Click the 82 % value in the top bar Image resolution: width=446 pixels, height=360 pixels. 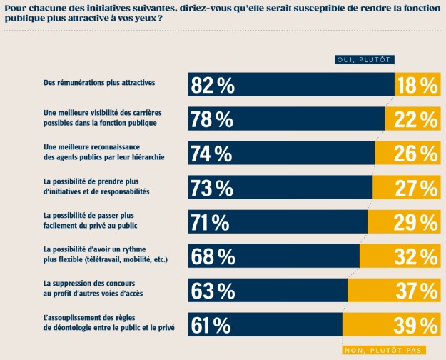click(x=213, y=86)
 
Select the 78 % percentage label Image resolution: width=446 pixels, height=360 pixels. click(x=213, y=119)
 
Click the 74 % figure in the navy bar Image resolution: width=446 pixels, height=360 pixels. click(x=212, y=154)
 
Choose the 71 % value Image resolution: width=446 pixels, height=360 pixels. click(x=212, y=222)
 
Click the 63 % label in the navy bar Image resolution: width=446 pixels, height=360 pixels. click(x=213, y=291)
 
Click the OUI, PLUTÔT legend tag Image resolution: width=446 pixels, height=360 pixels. click(x=365, y=60)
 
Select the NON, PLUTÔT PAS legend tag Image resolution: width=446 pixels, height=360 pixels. click(x=383, y=350)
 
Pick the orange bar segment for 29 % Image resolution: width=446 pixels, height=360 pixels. click(x=403, y=222)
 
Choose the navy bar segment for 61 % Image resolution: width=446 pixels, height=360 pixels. click(x=285, y=325)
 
